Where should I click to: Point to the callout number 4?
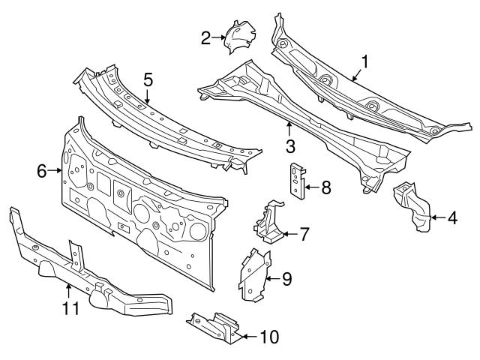click(452, 218)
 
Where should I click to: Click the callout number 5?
click(148, 78)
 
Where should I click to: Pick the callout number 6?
click(42, 171)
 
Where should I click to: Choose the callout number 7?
click(304, 234)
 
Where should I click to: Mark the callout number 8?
click(325, 186)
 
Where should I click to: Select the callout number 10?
click(268, 336)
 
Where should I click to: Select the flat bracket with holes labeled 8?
click(296, 181)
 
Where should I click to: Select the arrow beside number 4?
click(436, 218)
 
